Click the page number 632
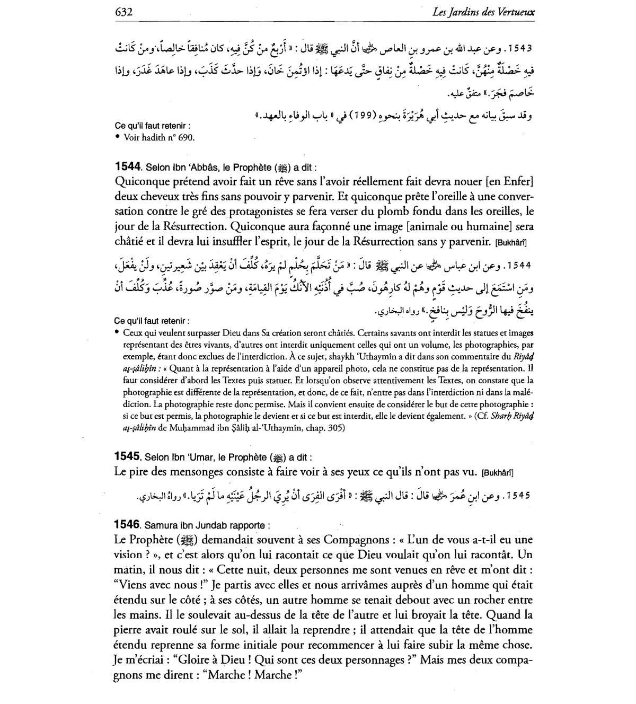[x=123, y=12]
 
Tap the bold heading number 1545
[x=127, y=456]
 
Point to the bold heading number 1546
[x=127, y=525]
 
